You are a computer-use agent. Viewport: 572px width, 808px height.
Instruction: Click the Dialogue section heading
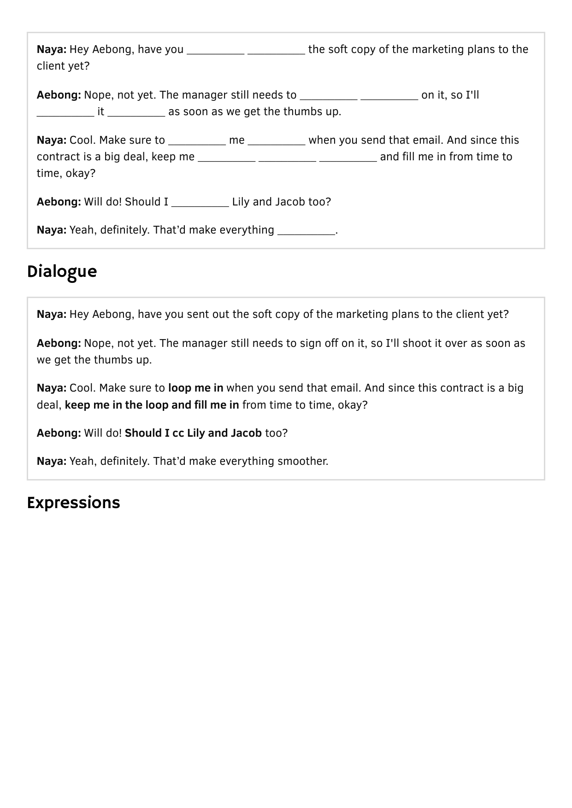(x=62, y=272)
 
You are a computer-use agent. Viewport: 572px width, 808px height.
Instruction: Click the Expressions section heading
(x=73, y=503)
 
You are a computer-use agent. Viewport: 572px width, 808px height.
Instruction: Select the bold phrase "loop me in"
(x=195, y=388)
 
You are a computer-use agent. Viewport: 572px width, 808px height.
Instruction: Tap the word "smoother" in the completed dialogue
(x=302, y=461)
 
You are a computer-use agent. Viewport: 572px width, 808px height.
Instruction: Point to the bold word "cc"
(x=178, y=433)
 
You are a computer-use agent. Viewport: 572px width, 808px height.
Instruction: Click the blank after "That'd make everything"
(x=306, y=231)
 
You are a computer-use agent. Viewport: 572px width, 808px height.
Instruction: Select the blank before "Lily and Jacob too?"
(x=200, y=203)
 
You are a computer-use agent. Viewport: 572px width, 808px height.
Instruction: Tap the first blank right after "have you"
(x=215, y=50)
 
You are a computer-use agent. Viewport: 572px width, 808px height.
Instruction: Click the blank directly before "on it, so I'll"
(x=389, y=96)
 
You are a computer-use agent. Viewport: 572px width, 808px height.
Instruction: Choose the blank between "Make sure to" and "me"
(x=197, y=141)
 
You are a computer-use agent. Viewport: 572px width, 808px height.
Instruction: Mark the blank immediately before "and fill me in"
(x=348, y=158)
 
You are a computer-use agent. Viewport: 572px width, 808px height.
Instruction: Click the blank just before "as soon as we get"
(x=136, y=112)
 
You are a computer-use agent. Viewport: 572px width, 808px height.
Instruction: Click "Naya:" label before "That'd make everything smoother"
(x=52, y=461)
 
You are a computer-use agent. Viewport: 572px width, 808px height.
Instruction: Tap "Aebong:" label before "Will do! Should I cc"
(x=59, y=433)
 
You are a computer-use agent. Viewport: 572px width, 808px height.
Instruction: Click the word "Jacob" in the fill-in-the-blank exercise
(x=290, y=202)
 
